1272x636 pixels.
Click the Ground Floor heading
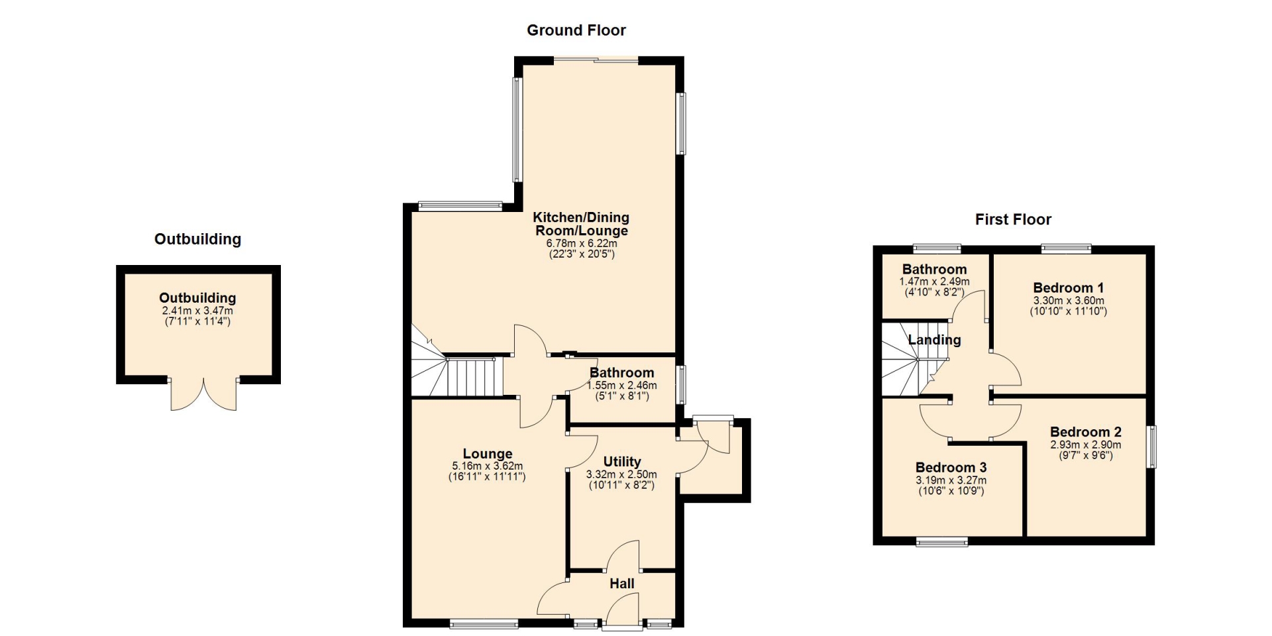tap(576, 30)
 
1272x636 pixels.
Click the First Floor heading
tap(1013, 219)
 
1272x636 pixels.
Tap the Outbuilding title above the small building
tap(197, 239)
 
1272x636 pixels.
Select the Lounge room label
tap(488, 454)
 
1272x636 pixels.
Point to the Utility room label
tap(622, 462)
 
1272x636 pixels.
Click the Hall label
tap(622, 584)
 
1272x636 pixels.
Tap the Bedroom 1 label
tap(1069, 288)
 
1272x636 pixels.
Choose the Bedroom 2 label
tap(1086, 432)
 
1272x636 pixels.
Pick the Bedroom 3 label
tap(951, 467)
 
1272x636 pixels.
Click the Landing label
tap(935, 340)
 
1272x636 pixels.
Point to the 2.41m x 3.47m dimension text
tap(197, 311)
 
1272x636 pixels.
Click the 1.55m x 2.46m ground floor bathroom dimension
tap(622, 385)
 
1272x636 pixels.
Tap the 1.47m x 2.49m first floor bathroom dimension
tap(934, 282)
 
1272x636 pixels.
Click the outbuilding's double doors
tap(204, 396)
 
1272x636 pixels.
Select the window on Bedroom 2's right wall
tap(1152, 447)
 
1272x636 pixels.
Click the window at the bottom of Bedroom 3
tap(942, 542)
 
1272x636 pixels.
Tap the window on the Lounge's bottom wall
tap(484, 623)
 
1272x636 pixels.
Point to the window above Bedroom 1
tap(1066, 249)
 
